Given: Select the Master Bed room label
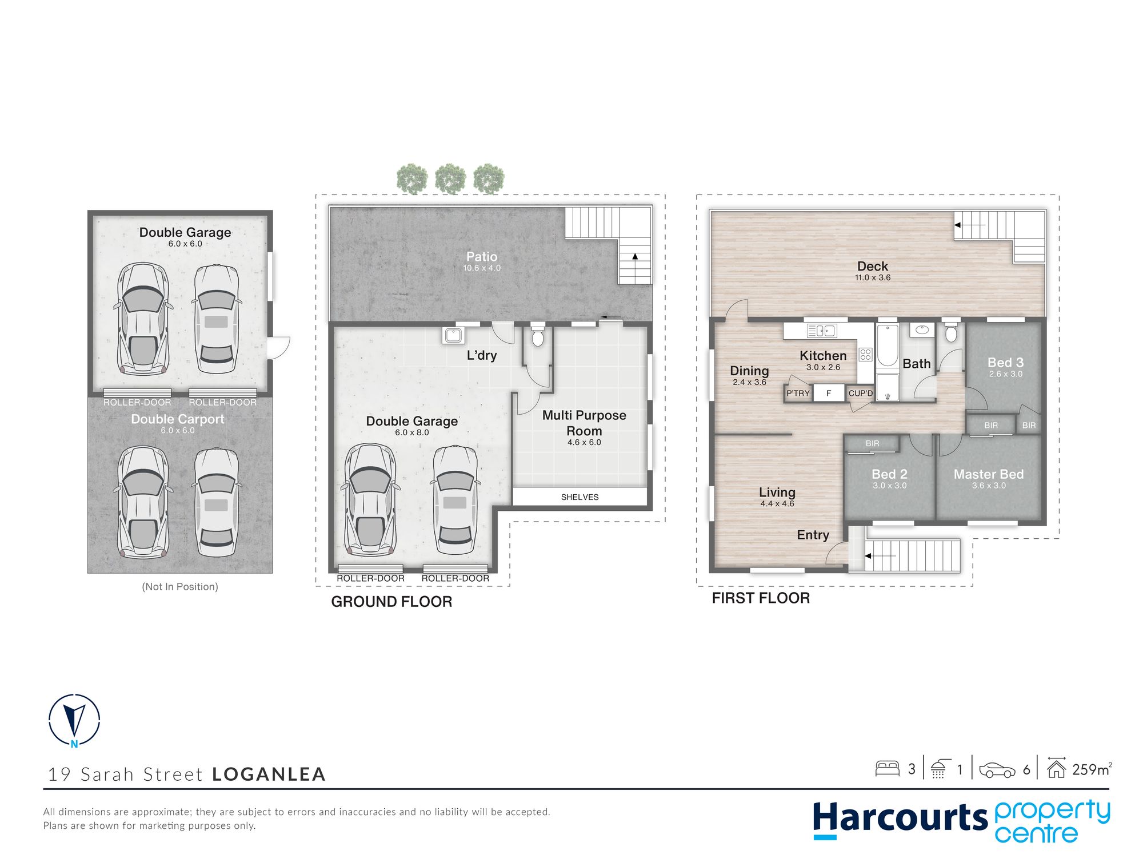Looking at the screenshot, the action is coord(989,474).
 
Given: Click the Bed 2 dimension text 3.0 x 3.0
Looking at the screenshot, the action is coord(889,486).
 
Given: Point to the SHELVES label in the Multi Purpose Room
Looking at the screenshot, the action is coord(580,497).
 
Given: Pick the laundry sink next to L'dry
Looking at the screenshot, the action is coord(453,335).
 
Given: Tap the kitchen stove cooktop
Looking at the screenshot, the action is coord(865,355).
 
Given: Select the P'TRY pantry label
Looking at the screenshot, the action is coord(798,393).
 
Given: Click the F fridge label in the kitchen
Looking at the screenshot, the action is coord(829,393).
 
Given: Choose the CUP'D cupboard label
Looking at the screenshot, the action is coord(861,393).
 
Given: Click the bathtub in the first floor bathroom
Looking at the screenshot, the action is coord(888,345).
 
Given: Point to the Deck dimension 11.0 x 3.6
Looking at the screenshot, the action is coord(873,277).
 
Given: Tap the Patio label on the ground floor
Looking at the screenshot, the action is coord(482,257).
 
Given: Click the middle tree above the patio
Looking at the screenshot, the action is coord(450,178).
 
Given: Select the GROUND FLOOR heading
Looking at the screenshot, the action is coord(391,602).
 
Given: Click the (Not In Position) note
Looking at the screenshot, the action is coord(180,586).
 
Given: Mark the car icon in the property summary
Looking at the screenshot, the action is coord(997,770).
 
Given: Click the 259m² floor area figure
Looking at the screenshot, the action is coord(1092,769).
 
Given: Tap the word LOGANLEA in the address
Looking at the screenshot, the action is coord(269,774).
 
